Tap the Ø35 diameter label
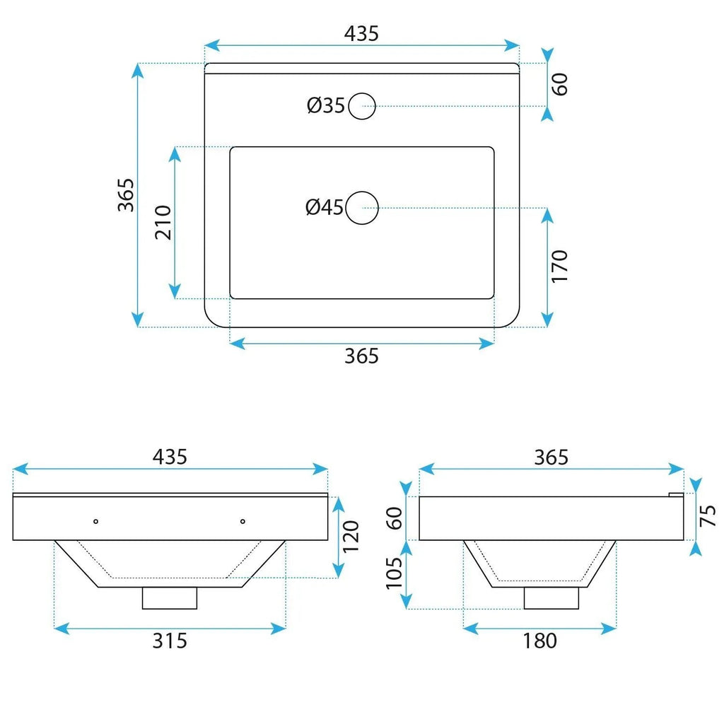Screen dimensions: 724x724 (x=325, y=106)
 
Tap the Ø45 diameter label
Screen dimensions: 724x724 (x=325, y=207)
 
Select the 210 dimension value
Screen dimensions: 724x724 (x=163, y=223)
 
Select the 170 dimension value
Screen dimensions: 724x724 (x=559, y=267)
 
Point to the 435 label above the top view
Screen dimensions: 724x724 (x=361, y=34)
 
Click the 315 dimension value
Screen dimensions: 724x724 (x=170, y=641)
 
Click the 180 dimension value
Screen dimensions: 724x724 (x=539, y=641)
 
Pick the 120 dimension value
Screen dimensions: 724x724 (x=351, y=537)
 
